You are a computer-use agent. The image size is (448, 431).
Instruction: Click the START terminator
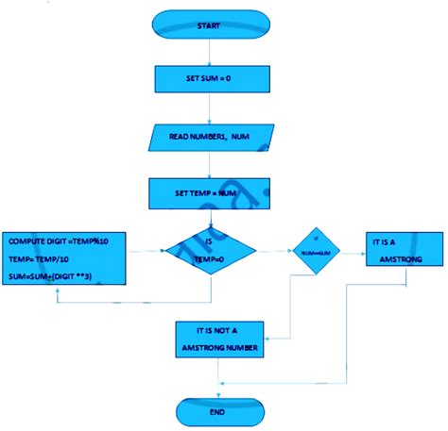[207, 26]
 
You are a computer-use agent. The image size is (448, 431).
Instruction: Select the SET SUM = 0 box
[207, 78]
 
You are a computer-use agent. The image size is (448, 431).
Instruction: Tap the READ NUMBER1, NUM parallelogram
[207, 138]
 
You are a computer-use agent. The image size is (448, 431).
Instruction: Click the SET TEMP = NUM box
[207, 194]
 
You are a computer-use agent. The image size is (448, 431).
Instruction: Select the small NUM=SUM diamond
[315, 254]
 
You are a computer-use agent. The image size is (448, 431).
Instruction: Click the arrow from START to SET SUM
[207, 52]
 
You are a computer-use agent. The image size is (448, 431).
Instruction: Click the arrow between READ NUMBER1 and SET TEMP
[207, 165]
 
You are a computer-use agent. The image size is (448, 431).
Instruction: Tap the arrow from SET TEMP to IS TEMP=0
[207, 218]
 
